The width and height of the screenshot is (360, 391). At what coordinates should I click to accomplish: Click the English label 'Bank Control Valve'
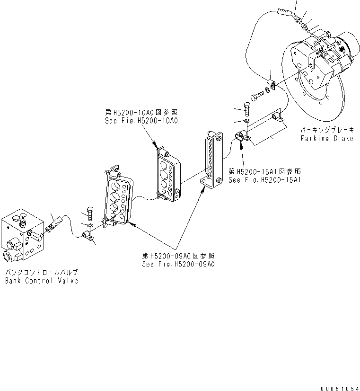[x=42, y=281]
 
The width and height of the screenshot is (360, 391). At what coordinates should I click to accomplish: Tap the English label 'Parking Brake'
[x=327, y=138]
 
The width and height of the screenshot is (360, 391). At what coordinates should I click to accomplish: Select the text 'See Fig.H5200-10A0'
[x=140, y=121]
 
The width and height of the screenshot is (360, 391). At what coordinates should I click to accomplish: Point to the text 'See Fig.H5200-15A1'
[x=265, y=180]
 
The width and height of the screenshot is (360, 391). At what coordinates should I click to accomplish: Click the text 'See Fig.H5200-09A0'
[x=178, y=264]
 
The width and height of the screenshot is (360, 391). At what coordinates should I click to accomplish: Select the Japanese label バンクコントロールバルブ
[x=42, y=273]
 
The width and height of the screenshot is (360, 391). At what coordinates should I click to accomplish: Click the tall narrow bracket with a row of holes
[x=211, y=159]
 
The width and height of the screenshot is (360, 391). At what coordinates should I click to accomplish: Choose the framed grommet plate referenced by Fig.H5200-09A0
[x=116, y=199]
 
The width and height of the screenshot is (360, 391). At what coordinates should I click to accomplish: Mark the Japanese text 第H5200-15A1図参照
[x=265, y=172]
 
